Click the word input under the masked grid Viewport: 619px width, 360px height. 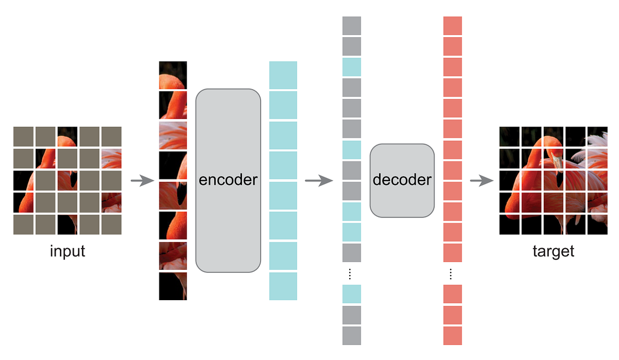click(x=68, y=252)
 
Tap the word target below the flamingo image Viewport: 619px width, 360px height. click(x=553, y=252)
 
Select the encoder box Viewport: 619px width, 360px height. click(x=228, y=181)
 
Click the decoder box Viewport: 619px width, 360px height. click(x=402, y=180)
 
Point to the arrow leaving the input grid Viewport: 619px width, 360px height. click(x=142, y=181)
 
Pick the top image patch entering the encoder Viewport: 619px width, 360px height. click(x=173, y=75)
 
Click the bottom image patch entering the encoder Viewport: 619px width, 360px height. click(x=173, y=286)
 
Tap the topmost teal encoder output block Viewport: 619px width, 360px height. click(x=283, y=75)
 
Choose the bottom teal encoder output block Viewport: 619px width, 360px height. click(x=283, y=286)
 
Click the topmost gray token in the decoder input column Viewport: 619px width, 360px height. click(x=352, y=26)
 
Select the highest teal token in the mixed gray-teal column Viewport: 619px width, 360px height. click(x=352, y=67)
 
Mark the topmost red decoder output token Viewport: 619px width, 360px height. click(x=452, y=26)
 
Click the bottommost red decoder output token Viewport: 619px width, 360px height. click(x=452, y=335)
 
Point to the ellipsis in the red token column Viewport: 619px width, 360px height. click(x=452, y=273)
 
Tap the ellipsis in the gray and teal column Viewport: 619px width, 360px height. click(x=352, y=273)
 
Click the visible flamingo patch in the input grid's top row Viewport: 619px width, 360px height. click(x=68, y=137)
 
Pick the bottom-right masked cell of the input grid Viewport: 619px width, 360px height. click(x=111, y=224)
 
